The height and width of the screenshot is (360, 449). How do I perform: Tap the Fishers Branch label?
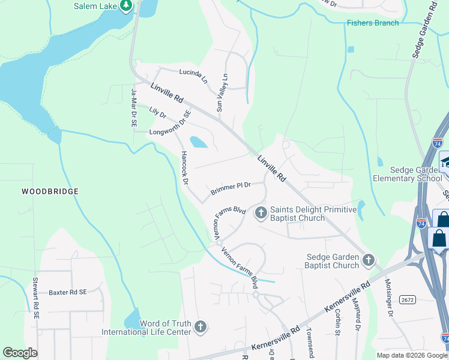(x=372, y=23)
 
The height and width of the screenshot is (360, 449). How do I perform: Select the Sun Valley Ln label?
(x=223, y=93)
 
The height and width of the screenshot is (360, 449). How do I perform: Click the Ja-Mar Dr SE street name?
(x=134, y=107)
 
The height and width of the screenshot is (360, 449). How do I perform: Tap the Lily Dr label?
(x=157, y=112)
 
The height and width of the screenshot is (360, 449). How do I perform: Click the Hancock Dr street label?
(x=184, y=167)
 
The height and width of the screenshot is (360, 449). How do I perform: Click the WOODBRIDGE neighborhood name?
(x=50, y=191)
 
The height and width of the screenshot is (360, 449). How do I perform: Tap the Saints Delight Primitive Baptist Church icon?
(x=261, y=212)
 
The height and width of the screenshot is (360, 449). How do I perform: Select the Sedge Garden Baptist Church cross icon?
(x=369, y=260)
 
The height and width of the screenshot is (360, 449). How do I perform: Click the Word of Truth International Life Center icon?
(x=200, y=328)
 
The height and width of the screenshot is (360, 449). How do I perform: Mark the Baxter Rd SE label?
(x=68, y=292)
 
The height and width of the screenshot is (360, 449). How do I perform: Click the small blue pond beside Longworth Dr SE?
(x=197, y=142)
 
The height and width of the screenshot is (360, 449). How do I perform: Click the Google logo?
(x=20, y=352)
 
